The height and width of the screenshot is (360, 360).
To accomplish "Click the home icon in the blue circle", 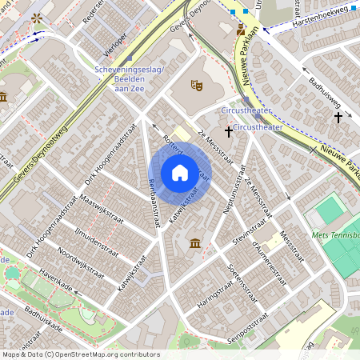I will pyautogui.click(x=179, y=173).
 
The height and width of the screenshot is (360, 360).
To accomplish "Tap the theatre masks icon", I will pyautogui.click(x=195, y=84).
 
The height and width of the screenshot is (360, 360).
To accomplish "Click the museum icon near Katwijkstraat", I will pyautogui.click(x=195, y=242).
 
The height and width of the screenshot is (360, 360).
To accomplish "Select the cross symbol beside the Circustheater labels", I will pyautogui.click(x=229, y=130).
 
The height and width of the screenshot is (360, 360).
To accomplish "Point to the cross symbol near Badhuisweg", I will pyautogui.click(x=338, y=118).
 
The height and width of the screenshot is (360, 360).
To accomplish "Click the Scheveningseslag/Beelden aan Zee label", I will pyautogui.click(x=129, y=79).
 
